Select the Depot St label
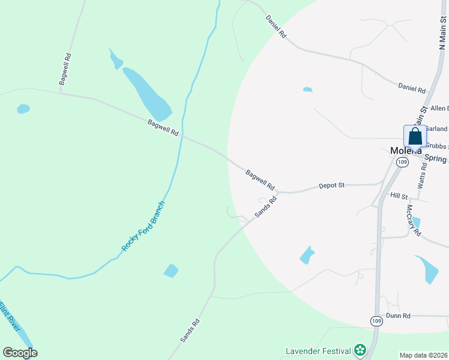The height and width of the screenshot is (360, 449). point(331,186)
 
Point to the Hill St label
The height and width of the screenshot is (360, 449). point(399,196)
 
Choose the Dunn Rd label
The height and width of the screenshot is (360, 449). point(398,316)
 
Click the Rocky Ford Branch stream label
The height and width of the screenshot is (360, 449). point(143,226)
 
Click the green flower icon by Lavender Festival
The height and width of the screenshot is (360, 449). point(360,350)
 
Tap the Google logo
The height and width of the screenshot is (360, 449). point(20,352)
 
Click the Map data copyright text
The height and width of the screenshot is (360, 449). point(423,355)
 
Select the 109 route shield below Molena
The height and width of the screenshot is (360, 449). point(402,163)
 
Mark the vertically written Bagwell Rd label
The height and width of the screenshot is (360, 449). point(65,70)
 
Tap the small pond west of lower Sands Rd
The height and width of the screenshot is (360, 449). point(171,271)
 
